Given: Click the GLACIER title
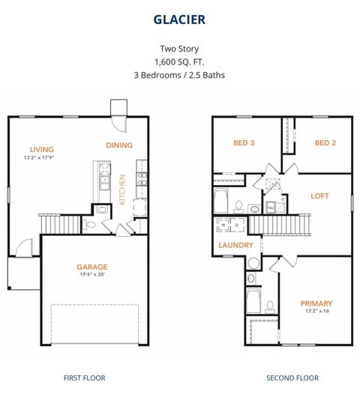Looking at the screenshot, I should click(x=180, y=17).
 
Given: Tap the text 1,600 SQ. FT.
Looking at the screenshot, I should click(x=180, y=61).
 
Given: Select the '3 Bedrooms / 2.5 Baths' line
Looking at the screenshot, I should click(x=180, y=75).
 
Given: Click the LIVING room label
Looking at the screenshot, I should click(x=42, y=148).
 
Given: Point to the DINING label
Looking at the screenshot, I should click(x=119, y=145).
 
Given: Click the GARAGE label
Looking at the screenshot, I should click(x=92, y=266).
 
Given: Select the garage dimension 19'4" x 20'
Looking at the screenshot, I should click(x=92, y=275).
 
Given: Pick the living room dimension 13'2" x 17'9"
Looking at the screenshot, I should click(x=42, y=157).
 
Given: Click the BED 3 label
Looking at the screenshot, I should click(x=244, y=142).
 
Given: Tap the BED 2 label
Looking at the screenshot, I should click(x=325, y=142).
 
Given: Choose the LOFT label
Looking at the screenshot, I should click(x=320, y=196).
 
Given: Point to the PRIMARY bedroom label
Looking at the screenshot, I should click(x=316, y=303).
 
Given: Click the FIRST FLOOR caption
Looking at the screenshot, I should click(x=85, y=378).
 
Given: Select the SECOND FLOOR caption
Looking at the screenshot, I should click(x=292, y=378).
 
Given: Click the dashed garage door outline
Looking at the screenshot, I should click(x=94, y=324).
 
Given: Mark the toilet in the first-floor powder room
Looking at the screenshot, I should click(x=91, y=224).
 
